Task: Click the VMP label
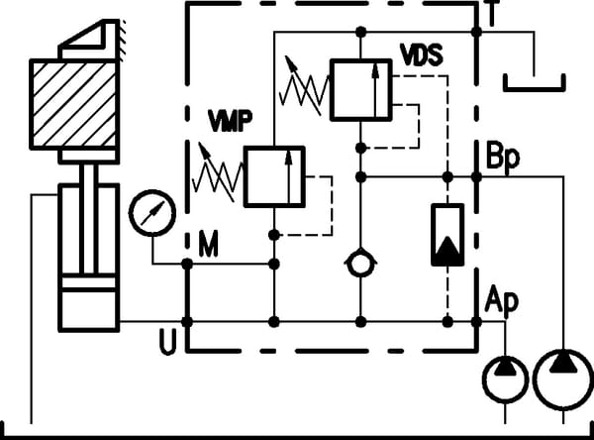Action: (x=231, y=121)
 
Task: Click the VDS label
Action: (x=421, y=50)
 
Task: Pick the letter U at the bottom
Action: (x=168, y=343)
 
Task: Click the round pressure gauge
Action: (x=151, y=210)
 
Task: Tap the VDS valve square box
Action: (x=359, y=90)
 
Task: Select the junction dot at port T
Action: (x=476, y=33)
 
